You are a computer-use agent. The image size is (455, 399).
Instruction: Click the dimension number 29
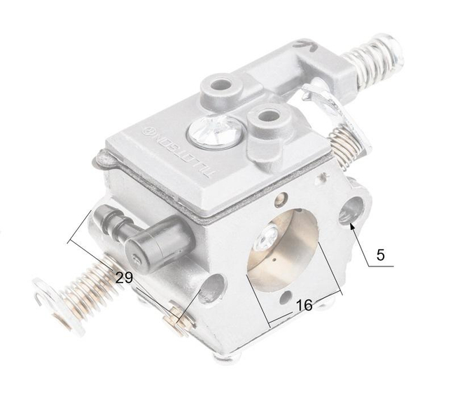124,278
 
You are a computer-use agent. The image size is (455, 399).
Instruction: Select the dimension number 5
380,255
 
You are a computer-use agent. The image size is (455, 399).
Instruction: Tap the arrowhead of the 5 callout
351,225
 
